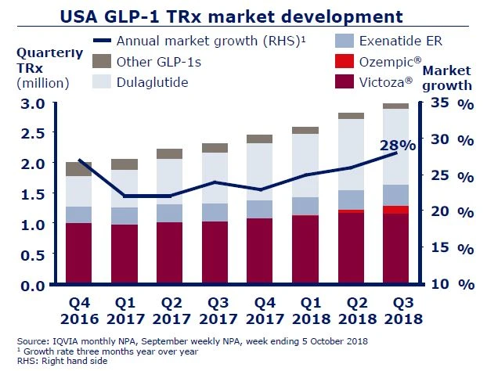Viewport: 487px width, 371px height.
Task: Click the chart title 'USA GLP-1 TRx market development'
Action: coord(243,15)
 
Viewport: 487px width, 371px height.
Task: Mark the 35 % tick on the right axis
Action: coord(449,103)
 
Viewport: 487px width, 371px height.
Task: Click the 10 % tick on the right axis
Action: coord(449,283)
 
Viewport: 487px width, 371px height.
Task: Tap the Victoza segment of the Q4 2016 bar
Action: coord(79,254)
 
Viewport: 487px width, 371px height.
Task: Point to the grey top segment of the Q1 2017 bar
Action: coord(125,164)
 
